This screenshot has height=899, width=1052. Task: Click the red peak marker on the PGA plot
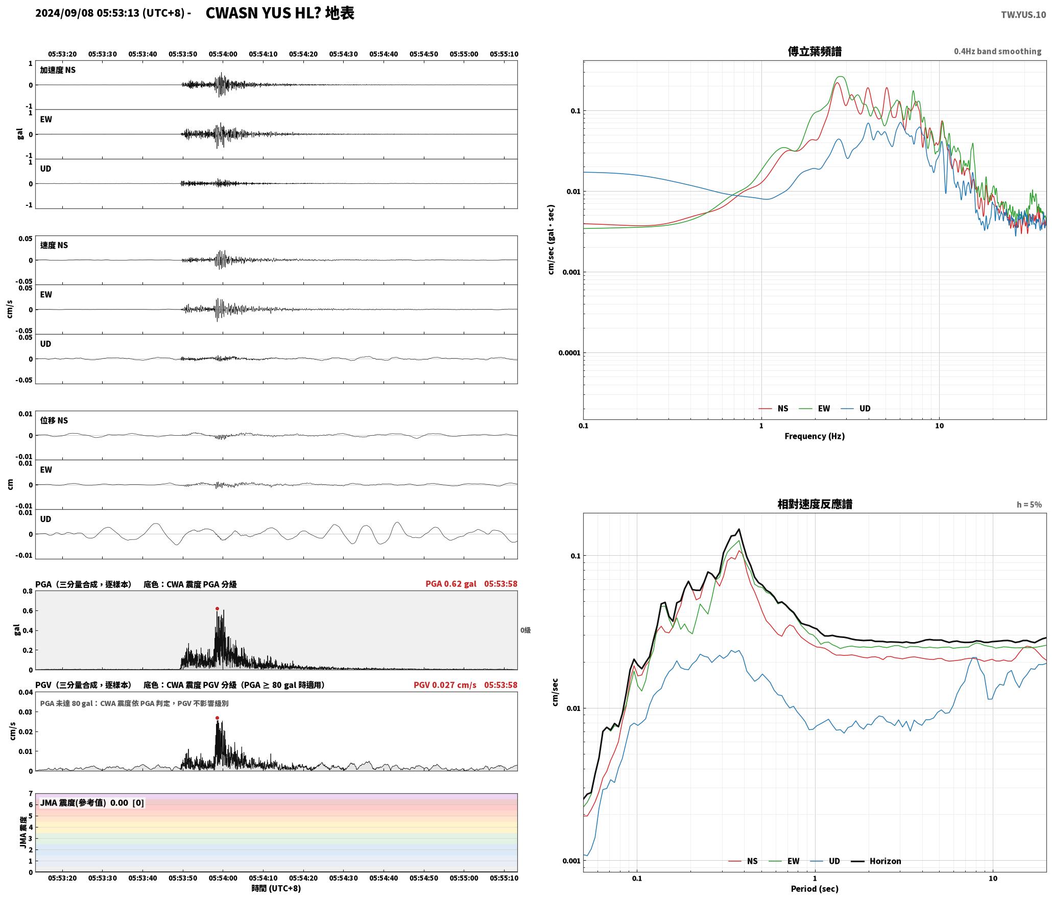(x=217, y=609)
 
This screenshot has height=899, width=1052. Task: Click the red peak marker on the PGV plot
(x=217, y=718)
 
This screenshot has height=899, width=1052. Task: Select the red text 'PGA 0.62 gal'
(x=451, y=584)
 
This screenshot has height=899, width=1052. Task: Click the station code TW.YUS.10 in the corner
(x=1023, y=15)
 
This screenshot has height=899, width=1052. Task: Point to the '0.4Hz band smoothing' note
(x=997, y=51)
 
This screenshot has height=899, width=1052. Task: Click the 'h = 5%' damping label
(x=1029, y=505)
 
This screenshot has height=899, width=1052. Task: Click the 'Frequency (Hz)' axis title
(x=815, y=436)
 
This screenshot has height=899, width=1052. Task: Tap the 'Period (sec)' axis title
(x=815, y=889)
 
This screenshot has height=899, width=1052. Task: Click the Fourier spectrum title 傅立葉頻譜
(x=815, y=51)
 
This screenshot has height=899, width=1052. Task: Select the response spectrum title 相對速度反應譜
(x=815, y=504)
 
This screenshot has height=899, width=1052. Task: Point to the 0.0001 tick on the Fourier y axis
(x=567, y=353)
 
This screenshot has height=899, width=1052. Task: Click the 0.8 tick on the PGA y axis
(x=28, y=592)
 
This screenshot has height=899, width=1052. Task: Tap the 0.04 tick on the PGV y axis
(x=26, y=693)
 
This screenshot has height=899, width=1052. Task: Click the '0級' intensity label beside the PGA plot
(x=525, y=630)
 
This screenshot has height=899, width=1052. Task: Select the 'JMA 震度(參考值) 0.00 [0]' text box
(x=92, y=803)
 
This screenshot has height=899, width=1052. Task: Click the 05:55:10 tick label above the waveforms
(x=504, y=54)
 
